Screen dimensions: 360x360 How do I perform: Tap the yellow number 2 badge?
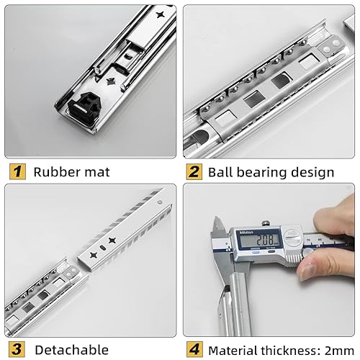[x=194, y=171]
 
